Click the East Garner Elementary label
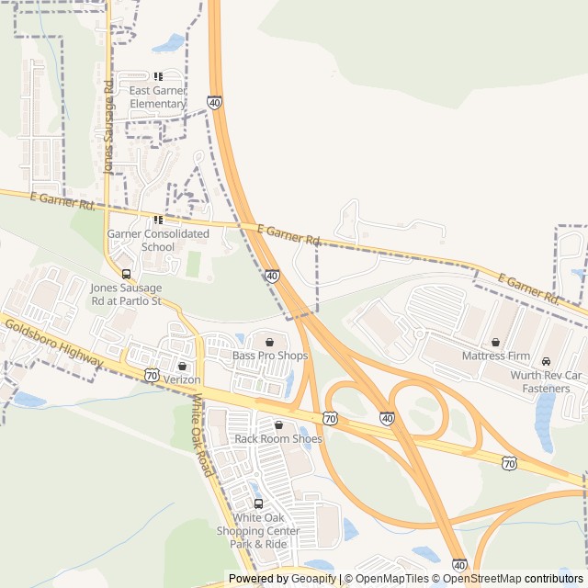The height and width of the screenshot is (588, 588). point(158,96)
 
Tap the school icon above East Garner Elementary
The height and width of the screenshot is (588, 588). point(158,77)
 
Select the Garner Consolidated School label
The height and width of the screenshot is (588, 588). point(158,240)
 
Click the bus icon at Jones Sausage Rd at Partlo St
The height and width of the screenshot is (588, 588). point(126,274)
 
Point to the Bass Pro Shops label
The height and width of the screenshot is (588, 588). point(270,355)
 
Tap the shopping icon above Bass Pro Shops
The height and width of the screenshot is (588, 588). point(270,342)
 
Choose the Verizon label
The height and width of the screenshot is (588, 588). point(182,379)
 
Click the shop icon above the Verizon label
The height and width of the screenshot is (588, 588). point(182,366)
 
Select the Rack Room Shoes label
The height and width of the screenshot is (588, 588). point(278,438)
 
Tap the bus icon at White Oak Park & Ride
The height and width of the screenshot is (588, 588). point(258,503)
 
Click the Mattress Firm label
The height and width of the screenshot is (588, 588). point(495,355)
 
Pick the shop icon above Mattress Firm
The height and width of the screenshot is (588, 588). point(495,342)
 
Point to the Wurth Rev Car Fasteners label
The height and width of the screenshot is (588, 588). point(547,381)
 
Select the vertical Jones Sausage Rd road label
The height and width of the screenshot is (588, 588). point(108,127)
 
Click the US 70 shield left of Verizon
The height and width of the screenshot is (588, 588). point(153,375)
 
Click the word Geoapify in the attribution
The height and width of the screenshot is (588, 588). point(313,579)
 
